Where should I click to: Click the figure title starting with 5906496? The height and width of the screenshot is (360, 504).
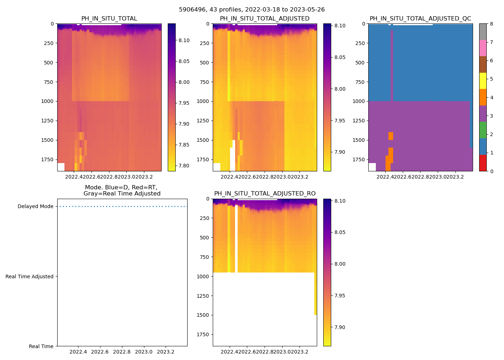click(252, 10)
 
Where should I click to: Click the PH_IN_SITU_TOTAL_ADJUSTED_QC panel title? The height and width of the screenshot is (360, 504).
click(420, 19)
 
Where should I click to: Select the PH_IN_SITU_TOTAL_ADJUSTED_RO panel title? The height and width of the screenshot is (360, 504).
click(265, 194)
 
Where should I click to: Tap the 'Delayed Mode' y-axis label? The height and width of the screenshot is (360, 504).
click(35, 207)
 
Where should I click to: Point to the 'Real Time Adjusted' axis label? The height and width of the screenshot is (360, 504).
click(29, 276)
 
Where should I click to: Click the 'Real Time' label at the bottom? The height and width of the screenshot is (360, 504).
click(41, 346)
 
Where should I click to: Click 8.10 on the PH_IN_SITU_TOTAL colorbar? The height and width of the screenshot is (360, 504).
click(184, 40)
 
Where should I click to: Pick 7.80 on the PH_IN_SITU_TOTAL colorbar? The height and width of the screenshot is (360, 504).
click(184, 166)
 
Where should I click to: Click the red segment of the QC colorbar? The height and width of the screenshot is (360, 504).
click(483, 163)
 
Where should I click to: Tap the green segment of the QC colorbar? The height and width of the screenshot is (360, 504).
click(483, 130)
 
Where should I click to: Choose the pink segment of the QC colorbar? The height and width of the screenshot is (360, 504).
click(483, 48)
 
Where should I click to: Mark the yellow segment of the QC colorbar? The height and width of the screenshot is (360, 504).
click(483, 81)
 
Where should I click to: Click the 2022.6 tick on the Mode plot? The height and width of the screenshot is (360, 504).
click(100, 352)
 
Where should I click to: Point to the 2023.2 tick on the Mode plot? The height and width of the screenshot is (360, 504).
click(166, 352)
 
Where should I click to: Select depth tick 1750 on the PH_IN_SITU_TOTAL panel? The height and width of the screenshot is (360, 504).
click(48, 159)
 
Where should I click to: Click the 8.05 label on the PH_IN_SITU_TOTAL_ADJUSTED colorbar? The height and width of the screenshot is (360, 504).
click(339, 57)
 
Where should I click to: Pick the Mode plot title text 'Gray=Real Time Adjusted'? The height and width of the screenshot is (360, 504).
click(122, 194)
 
